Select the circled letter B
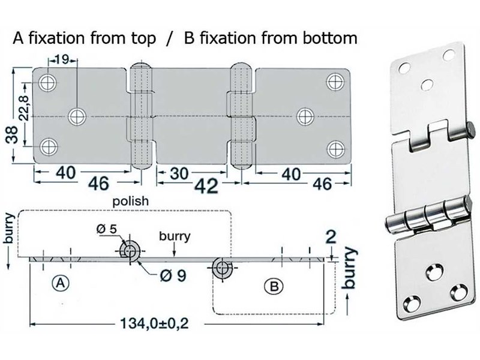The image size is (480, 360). point(273,287)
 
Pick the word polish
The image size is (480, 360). point(130,202)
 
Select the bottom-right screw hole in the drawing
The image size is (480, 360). point(334,146)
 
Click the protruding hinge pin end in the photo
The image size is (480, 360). point(472,128)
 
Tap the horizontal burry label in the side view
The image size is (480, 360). point(175,236)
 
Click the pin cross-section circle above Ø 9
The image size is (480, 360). point(130,251)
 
